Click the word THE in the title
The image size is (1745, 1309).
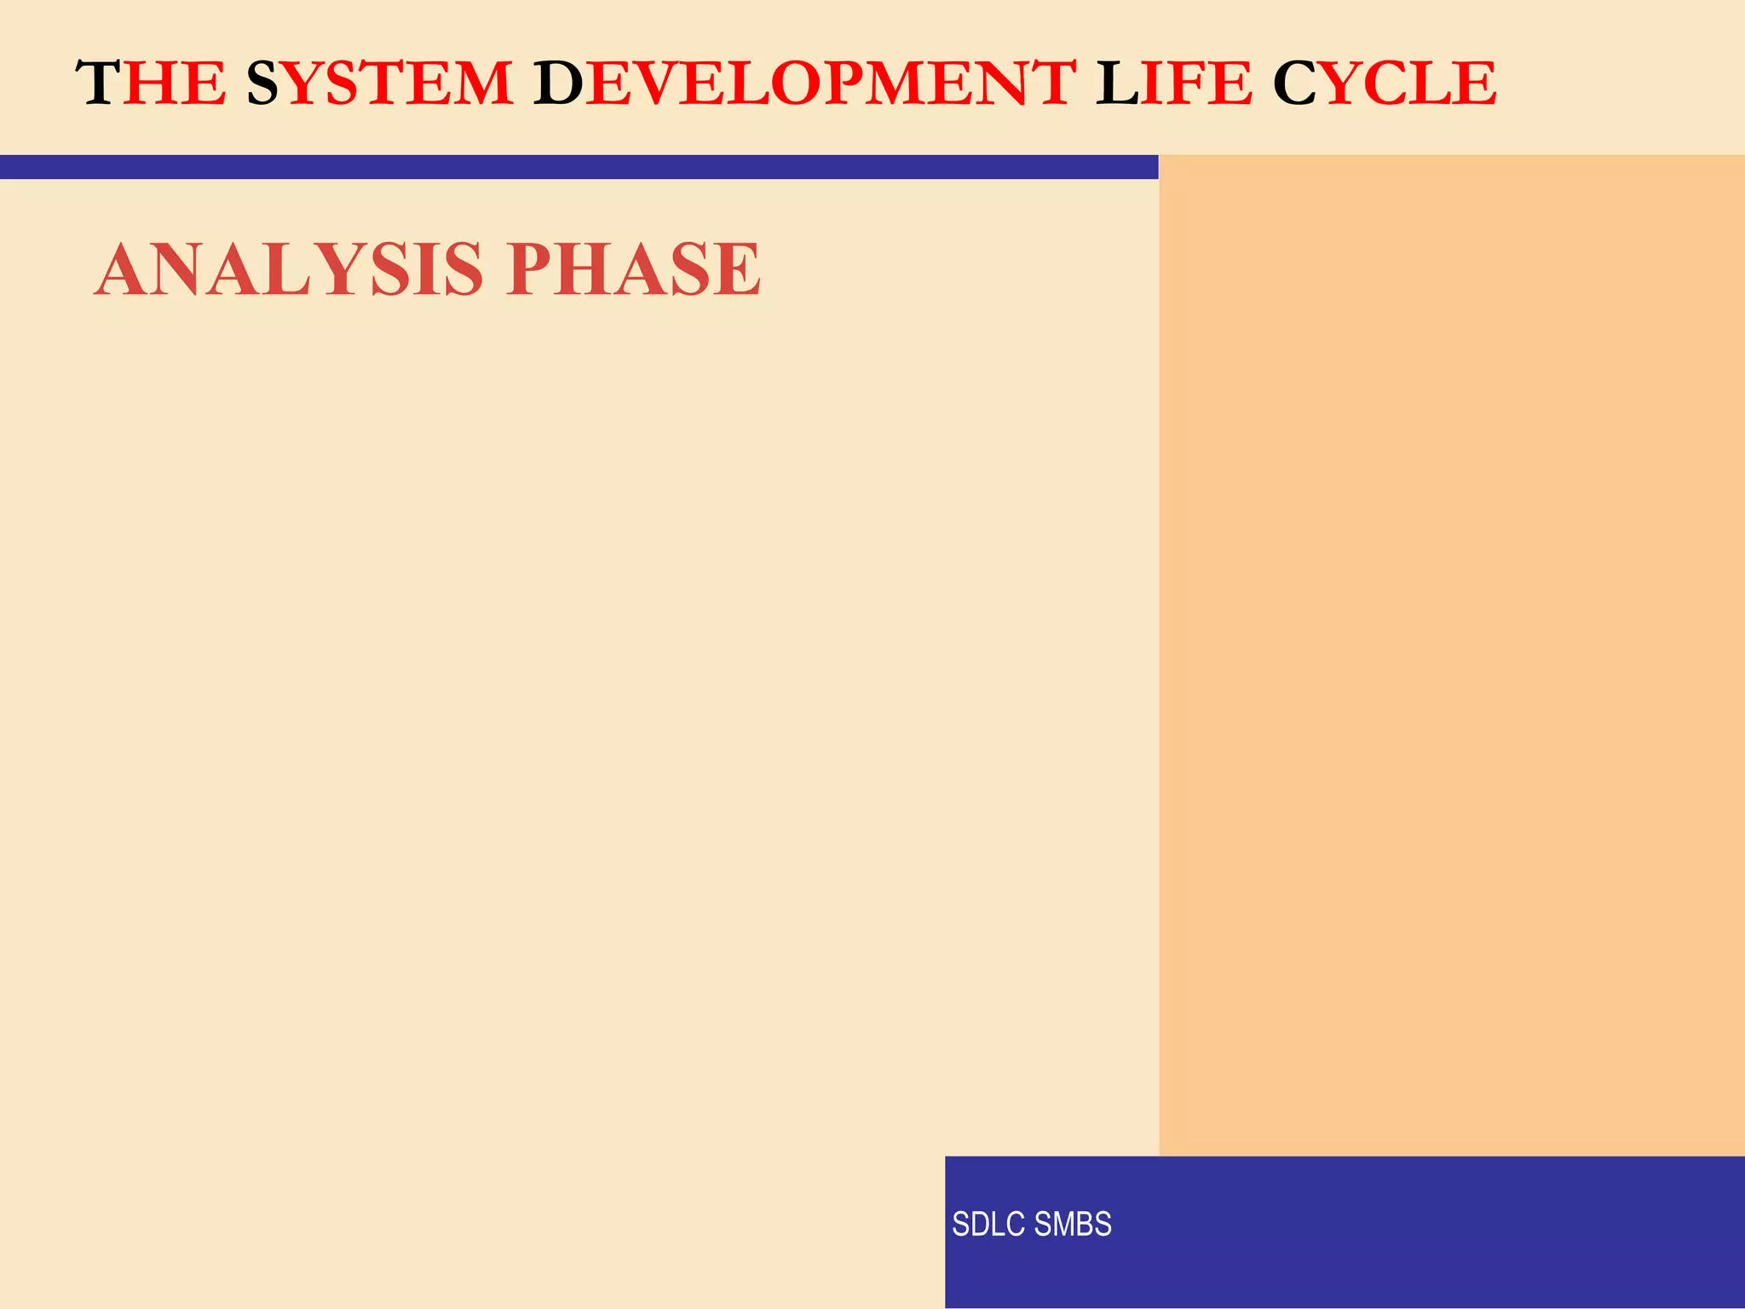tap(152, 84)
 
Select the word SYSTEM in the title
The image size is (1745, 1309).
tap(380, 84)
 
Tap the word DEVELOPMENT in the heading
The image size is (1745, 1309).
tap(804, 84)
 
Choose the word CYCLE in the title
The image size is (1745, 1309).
tap(1385, 84)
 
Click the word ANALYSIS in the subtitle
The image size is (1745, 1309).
tap(290, 269)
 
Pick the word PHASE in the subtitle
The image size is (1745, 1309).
tap(633, 269)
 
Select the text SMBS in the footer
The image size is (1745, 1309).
tap(1073, 1225)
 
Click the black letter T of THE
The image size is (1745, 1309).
tap(97, 84)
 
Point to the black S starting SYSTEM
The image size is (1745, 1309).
tap(263, 84)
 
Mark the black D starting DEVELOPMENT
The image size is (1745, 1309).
tap(558, 84)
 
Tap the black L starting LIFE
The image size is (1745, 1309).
tap(1117, 84)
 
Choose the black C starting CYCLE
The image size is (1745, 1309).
tap(1295, 84)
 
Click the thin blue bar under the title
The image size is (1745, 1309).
tap(579, 167)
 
